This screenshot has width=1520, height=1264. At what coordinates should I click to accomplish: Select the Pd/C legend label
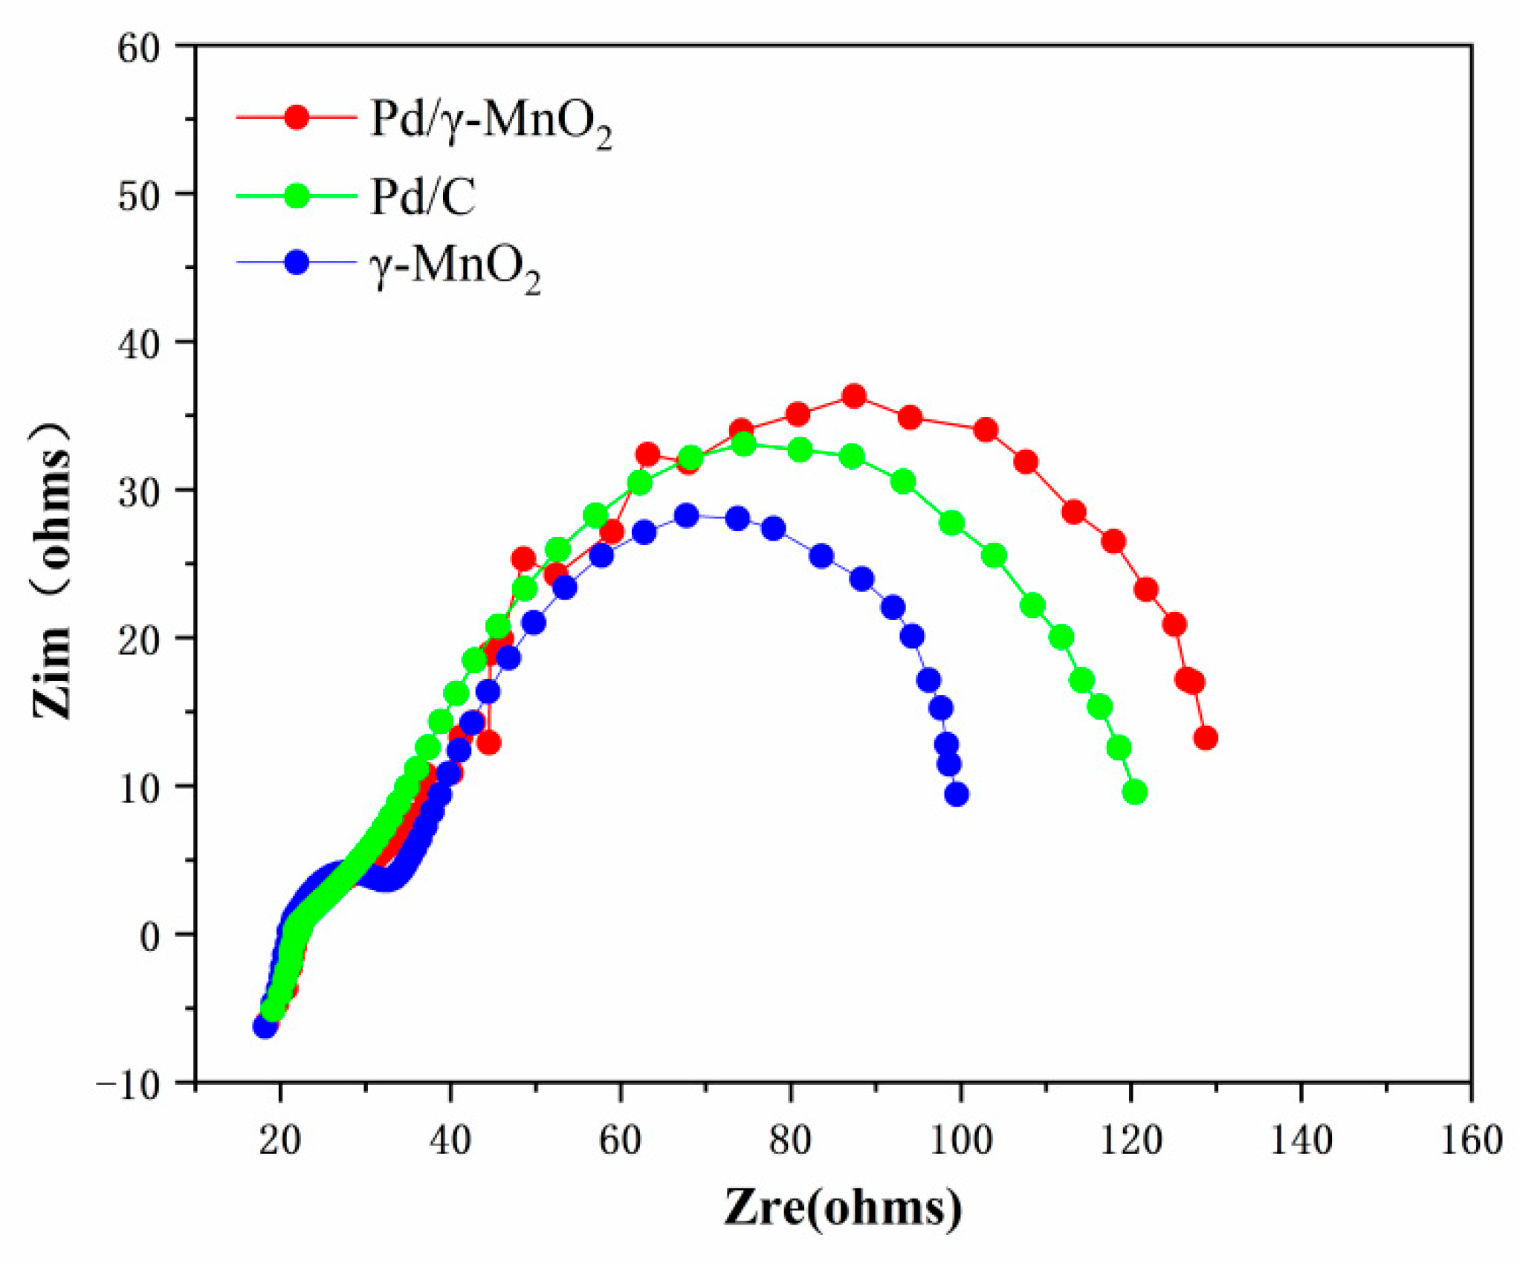422,197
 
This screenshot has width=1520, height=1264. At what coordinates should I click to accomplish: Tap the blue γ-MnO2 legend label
455,268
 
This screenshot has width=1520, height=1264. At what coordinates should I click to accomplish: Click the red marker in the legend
297,117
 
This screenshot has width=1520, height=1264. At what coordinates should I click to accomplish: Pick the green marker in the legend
297,196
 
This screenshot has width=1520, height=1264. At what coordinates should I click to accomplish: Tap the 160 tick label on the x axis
1471,1139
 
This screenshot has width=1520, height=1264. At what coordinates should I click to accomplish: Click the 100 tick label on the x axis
961,1139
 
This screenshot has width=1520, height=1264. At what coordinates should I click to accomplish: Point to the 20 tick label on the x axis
280,1139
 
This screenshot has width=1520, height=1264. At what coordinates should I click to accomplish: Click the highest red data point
854,396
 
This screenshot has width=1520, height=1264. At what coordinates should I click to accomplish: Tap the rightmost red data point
1206,738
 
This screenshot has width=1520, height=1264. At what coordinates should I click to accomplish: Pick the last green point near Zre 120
1134,793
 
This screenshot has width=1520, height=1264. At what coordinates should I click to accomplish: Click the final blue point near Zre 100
957,795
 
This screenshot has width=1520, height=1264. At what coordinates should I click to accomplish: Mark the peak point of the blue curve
686,515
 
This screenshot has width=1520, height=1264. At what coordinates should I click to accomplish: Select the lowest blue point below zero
265,1027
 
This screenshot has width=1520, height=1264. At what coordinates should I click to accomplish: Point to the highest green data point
743,445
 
